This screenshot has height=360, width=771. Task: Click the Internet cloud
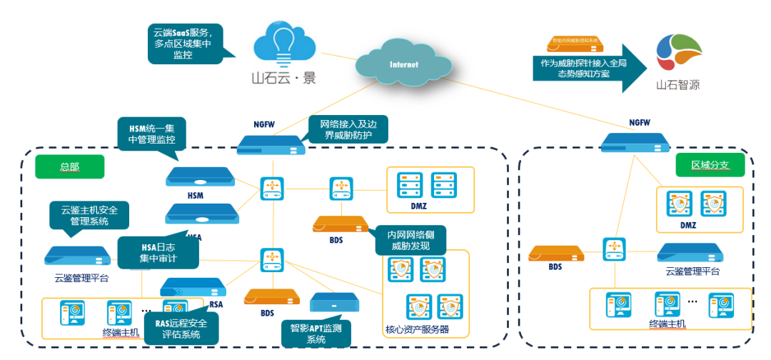(x=403, y=64)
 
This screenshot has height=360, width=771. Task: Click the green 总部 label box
(x=70, y=166)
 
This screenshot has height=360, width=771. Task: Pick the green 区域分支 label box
(x=709, y=165)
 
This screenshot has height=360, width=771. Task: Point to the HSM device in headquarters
(x=199, y=176)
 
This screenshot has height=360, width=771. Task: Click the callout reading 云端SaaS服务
(x=183, y=44)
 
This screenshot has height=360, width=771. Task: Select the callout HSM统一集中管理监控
(x=151, y=134)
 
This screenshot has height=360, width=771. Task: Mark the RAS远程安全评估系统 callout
(x=181, y=329)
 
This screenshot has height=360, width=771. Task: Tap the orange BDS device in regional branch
(x=556, y=252)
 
